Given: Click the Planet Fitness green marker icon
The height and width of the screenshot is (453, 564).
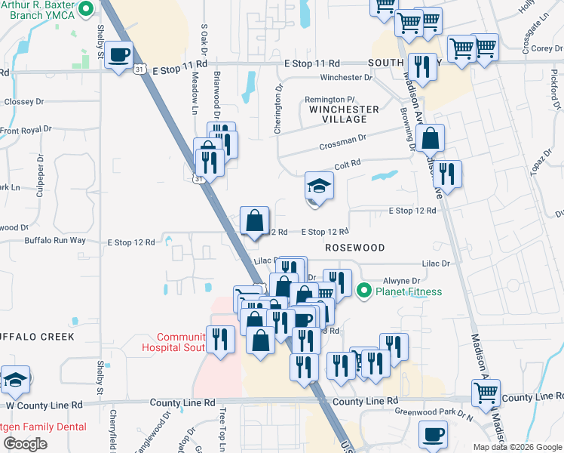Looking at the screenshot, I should (x=365, y=290).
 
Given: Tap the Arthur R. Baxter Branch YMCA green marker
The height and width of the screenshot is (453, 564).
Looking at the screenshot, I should (x=86, y=9).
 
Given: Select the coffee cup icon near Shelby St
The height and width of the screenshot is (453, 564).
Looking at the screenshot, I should (x=120, y=54).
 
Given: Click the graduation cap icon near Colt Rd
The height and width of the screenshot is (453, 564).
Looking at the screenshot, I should (x=319, y=186).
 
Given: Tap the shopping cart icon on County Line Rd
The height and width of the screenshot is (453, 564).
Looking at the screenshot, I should (x=486, y=393).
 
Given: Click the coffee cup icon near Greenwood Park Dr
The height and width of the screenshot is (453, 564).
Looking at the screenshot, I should (x=433, y=434).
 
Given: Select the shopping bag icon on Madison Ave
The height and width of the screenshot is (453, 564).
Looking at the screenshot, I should (x=430, y=139).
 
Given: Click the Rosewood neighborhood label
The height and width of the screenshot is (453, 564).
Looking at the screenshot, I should (x=354, y=248).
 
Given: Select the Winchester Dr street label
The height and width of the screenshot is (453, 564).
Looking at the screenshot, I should (x=346, y=77).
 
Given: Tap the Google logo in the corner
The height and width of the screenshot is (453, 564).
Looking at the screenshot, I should (x=25, y=443).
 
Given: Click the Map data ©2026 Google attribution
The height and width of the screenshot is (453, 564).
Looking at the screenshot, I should (x=517, y=447).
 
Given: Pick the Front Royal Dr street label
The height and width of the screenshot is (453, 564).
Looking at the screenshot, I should (x=26, y=130).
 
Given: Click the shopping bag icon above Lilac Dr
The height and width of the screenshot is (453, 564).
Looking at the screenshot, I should (x=256, y=221).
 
